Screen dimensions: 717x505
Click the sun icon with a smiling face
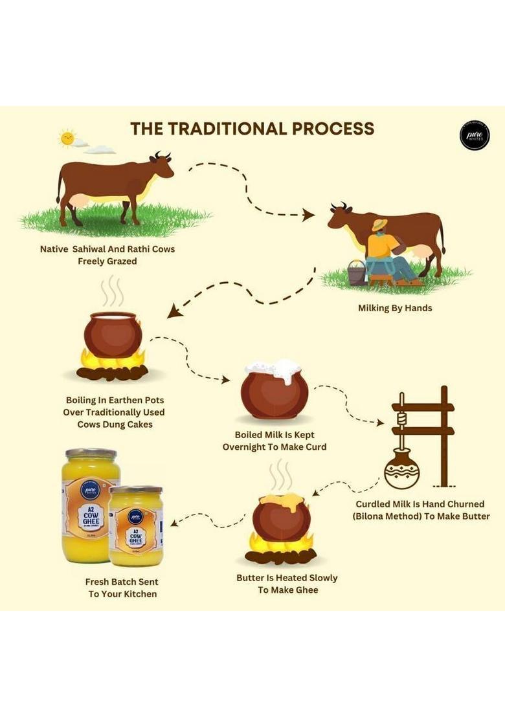pyautogui.click(x=67, y=138)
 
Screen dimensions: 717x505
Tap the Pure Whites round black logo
pyautogui.click(x=474, y=135)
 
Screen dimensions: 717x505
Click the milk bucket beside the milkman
pyautogui.click(x=357, y=272)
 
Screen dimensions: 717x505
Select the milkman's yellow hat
pyautogui.click(x=379, y=225)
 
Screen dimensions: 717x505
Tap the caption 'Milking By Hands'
pyautogui.click(x=395, y=308)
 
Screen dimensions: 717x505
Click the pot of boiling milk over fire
pyautogui.click(x=113, y=335)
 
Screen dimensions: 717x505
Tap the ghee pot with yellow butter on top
pyautogui.click(x=281, y=517)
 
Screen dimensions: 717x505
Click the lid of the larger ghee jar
pyautogui.click(x=91, y=453)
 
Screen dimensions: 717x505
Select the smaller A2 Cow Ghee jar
pyautogui.click(x=135, y=526)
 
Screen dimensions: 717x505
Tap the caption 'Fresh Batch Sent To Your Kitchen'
pyautogui.click(x=122, y=588)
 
